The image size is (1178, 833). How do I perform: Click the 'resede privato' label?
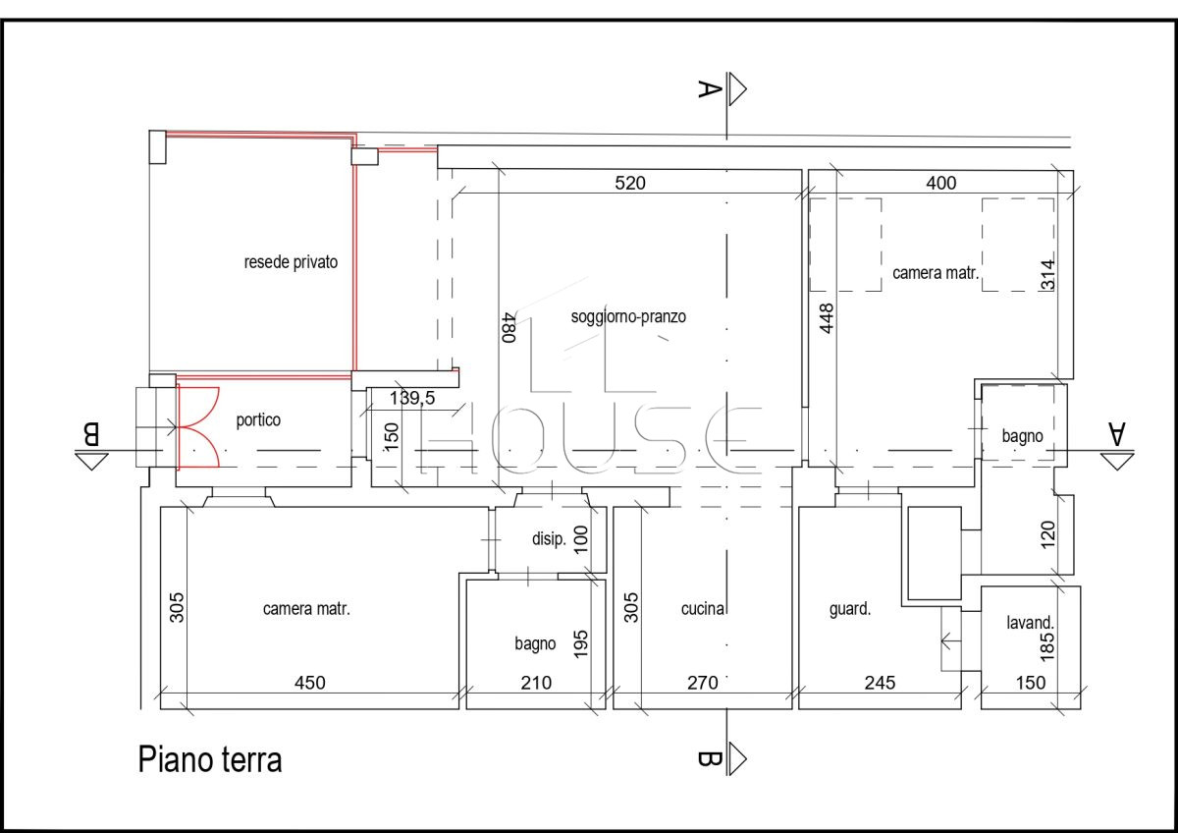click(x=291, y=262)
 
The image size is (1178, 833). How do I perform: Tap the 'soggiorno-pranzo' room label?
click(x=628, y=316)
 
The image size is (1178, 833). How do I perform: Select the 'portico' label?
click(x=258, y=419)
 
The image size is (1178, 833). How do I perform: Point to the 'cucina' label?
click(x=703, y=609)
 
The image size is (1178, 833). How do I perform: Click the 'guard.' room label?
click(x=850, y=609)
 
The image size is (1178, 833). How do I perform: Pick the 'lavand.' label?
click(x=1030, y=623)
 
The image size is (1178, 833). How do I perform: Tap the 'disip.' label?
click(x=549, y=539)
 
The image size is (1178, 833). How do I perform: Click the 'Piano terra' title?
click(x=210, y=760)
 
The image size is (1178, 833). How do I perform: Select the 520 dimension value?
click(x=630, y=183)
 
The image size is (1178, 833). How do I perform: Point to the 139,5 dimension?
click(x=412, y=399)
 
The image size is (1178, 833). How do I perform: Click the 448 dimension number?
click(x=827, y=318)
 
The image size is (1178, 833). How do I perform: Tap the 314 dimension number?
click(x=1047, y=275)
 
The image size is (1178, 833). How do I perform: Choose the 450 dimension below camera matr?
click(x=310, y=683)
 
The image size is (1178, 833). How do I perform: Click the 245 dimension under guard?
click(x=880, y=683)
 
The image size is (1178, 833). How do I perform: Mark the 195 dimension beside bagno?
click(x=580, y=644)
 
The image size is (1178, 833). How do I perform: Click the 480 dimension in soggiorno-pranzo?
click(x=509, y=328)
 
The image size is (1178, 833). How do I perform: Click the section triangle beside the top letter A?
click(x=737, y=89)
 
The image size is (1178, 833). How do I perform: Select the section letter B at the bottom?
click(x=709, y=758)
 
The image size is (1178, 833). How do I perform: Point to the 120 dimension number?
click(x=1047, y=534)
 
